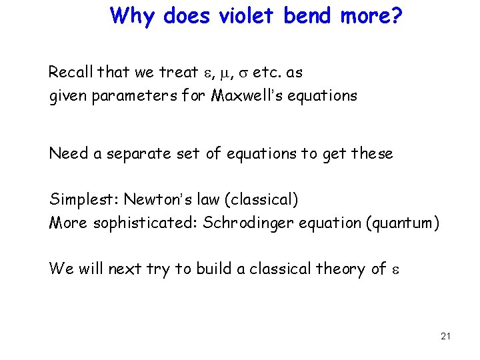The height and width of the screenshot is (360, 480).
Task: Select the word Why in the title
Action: point(131,15)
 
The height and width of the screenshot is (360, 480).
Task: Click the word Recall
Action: point(71,72)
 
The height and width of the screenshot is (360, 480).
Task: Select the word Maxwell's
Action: point(245,95)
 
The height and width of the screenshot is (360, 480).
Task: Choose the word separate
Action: point(129,154)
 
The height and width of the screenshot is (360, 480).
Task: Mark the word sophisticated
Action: point(145,223)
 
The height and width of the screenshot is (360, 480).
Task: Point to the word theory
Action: point(340,269)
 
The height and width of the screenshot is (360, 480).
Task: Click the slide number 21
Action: point(445,336)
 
